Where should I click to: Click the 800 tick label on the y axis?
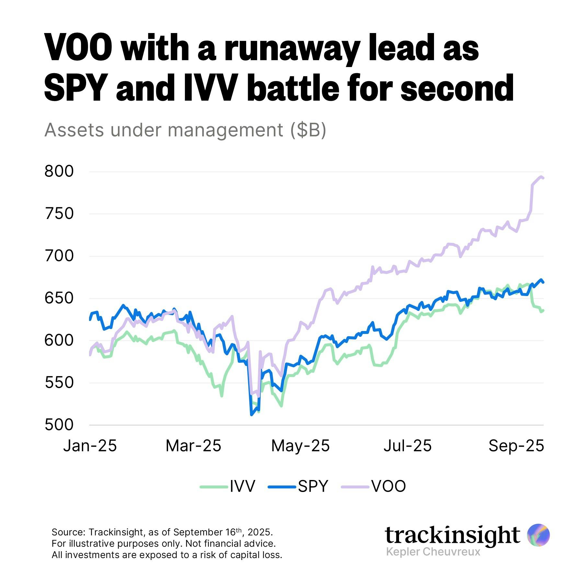click(59, 171)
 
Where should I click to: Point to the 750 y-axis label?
click(59, 214)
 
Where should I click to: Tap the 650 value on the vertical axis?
click(59, 298)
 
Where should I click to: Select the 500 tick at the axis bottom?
click(59, 425)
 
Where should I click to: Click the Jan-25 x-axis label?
click(90, 446)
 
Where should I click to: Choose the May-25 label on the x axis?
click(300, 446)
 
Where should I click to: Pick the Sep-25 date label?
click(516, 446)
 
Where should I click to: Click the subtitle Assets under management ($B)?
click(185, 130)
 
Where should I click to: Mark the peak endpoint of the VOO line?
click(541, 177)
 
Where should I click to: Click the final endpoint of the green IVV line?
click(543, 310)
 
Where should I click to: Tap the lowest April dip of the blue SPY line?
click(251, 415)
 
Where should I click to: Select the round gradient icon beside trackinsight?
click(538, 535)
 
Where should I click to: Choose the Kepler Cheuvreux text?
click(433, 552)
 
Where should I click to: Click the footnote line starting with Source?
click(162, 532)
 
